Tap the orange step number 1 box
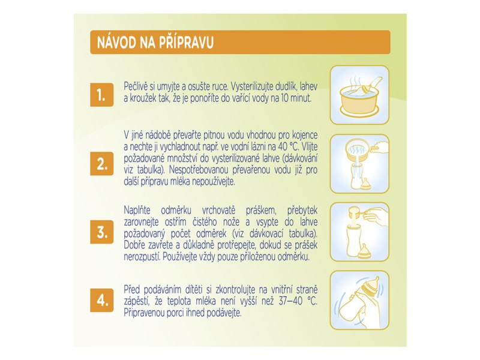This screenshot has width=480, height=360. (102, 95)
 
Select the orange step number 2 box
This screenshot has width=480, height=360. (102, 163)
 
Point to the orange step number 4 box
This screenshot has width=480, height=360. (102, 299)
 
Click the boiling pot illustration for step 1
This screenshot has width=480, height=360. (359, 94)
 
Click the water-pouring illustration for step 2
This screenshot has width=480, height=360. (359, 163)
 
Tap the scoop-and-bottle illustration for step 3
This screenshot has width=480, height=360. (359, 230)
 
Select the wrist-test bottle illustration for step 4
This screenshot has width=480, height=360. (359, 299)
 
